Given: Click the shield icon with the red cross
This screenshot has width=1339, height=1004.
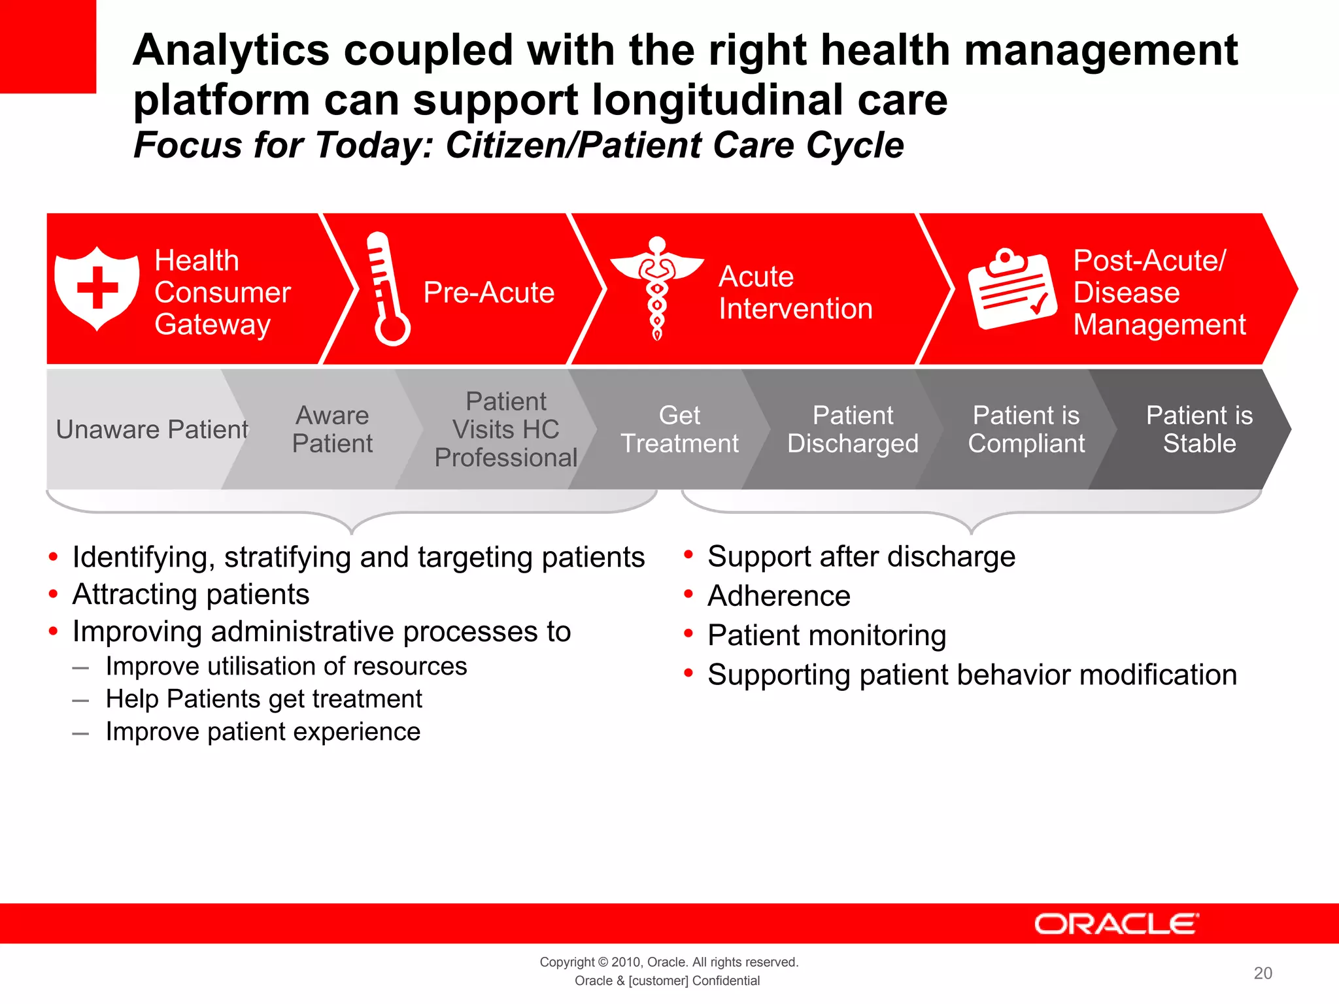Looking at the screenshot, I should (x=97, y=288).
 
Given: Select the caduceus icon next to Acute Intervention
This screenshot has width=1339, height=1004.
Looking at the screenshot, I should (x=657, y=288).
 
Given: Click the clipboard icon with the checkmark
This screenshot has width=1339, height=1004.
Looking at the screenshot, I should (x=1012, y=289).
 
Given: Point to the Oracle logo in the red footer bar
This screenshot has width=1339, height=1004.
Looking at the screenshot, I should (x=1116, y=924).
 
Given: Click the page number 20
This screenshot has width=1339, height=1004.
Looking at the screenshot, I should (x=1263, y=973).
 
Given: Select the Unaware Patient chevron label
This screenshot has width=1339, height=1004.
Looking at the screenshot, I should (x=152, y=429).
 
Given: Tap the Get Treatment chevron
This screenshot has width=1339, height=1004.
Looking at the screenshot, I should (x=679, y=429).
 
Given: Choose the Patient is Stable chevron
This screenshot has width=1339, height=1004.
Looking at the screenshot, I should (x=1199, y=429).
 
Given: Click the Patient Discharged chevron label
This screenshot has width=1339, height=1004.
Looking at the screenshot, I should (x=853, y=429).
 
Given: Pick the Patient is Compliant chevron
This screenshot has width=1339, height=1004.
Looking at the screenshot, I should (x=1026, y=429).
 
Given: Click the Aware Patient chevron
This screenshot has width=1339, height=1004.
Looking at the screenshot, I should (x=332, y=429).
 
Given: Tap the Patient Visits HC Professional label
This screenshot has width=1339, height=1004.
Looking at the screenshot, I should (x=506, y=429).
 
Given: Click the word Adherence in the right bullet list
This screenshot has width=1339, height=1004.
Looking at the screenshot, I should (x=779, y=596).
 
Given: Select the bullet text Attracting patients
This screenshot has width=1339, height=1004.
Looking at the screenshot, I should (x=191, y=594).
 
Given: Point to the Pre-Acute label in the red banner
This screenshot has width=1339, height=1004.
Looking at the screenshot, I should (x=488, y=292).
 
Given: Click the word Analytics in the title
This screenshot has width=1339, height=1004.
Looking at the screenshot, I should (x=231, y=50).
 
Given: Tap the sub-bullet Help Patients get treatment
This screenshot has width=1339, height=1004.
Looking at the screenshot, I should (x=263, y=699).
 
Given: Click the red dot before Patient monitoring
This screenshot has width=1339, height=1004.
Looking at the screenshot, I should (x=688, y=634).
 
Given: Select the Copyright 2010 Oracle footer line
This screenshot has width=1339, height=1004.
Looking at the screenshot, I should (x=668, y=962).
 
